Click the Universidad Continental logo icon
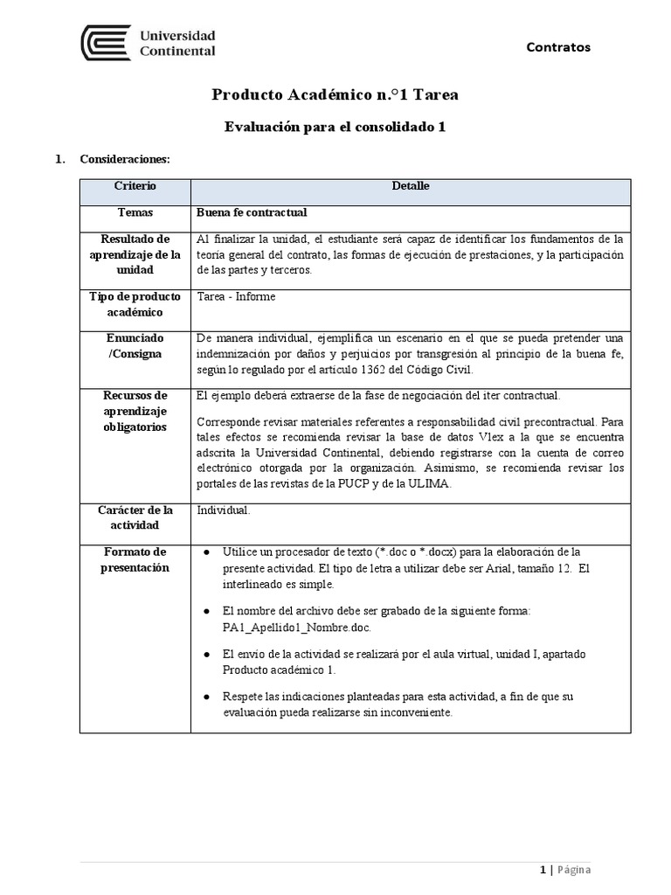click(x=105, y=43)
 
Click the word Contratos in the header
click(x=557, y=47)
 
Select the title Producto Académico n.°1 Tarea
click(x=335, y=95)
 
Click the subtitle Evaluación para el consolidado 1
click(x=335, y=127)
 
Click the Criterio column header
click(x=135, y=187)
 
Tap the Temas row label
click(x=135, y=212)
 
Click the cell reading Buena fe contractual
click(x=252, y=212)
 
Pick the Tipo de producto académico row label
click(x=135, y=304)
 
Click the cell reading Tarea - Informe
click(x=237, y=297)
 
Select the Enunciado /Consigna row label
click(x=135, y=346)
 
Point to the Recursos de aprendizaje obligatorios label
click(x=135, y=411)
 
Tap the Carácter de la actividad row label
click(x=135, y=517)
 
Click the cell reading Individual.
click(x=224, y=510)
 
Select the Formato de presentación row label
click(x=135, y=560)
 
